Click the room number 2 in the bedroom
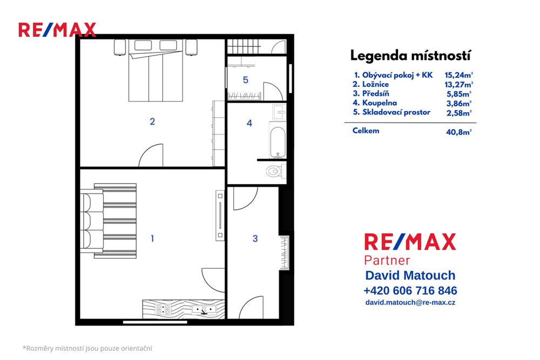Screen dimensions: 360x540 coord(152,121)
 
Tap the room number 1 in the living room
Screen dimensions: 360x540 coord(152,237)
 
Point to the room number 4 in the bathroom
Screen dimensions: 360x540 coord(249,123)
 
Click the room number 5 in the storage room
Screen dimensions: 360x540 coord(245,80)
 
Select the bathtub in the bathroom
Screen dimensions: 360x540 coord(278,138)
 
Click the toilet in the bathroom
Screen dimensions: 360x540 coord(274,172)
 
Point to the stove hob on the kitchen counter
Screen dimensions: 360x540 coord(164,309)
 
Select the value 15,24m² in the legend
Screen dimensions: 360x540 coord(458,76)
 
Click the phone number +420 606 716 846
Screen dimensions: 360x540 coord(410,290)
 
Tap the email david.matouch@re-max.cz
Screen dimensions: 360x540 coord(410,303)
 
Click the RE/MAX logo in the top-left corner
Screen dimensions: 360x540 coord(57,30)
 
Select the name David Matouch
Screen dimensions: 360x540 coord(410,275)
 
